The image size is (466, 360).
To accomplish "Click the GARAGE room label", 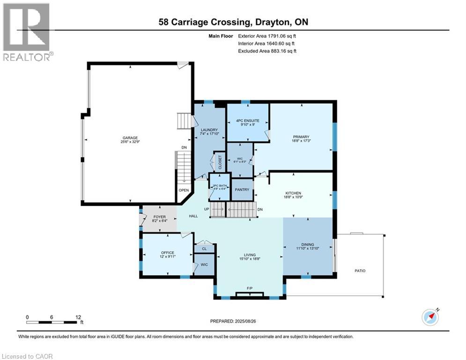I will click(131, 138).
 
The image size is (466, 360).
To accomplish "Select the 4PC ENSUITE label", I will click(247, 120).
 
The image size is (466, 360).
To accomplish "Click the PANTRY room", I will click(243, 190).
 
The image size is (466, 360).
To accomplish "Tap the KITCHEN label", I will click(293, 193).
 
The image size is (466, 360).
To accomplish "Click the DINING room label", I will click(307, 244).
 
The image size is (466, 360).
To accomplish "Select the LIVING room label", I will click(249, 255).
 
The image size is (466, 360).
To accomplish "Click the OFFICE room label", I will click(167, 253).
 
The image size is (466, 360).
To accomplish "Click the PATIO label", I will click(360, 270).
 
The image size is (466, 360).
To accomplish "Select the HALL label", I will click(192, 216).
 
